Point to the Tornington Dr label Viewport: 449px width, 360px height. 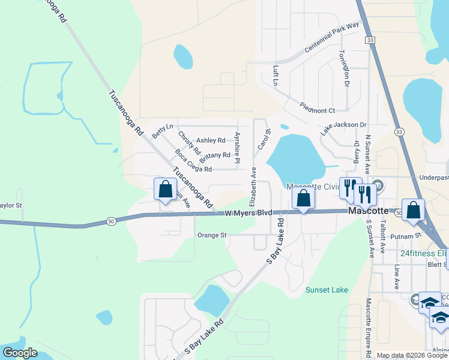(x=344, y=68)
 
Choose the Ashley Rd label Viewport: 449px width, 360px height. (x=211, y=140)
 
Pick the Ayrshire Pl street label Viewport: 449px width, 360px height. (x=237, y=148)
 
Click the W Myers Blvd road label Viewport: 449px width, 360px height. (x=249, y=213)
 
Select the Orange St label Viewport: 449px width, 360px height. (x=211, y=235)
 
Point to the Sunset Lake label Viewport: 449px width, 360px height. (x=327, y=290)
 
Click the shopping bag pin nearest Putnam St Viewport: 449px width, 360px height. (x=413, y=211)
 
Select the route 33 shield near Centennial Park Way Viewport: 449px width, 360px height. (x=371, y=40)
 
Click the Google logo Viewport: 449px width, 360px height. (x=20, y=353)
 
